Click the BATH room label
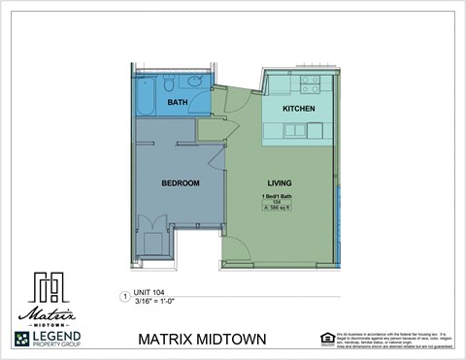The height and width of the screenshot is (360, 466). [177, 102]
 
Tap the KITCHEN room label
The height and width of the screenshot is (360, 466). [298, 108]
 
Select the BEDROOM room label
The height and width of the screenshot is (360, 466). [180, 182]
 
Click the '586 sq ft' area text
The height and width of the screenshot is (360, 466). [277, 209]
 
